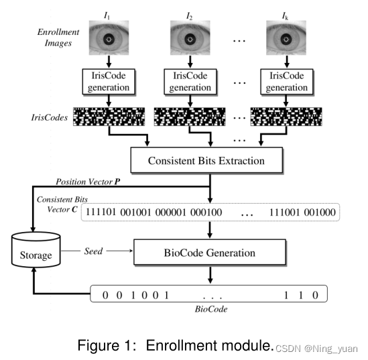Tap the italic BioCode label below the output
pyautogui.click(x=210, y=310)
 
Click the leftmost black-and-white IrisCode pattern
pyautogui.click(x=107, y=117)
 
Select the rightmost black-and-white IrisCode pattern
pyautogui.click(x=286, y=117)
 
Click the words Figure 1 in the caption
pyautogui.click(x=107, y=346)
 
